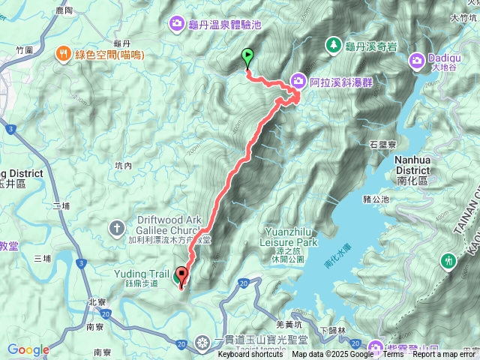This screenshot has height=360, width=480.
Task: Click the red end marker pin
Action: tap(181, 275)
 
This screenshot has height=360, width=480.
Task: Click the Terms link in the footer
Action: tap(393, 355)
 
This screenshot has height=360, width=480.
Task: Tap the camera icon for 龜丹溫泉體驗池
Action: tap(176, 24)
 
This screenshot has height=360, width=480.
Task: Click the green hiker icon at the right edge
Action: tap(448, 260)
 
